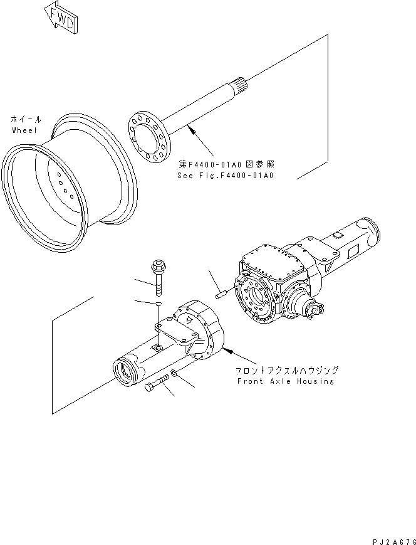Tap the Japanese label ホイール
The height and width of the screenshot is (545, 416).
pyautogui.click(x=26, y=119)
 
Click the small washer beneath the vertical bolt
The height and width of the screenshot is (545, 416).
pyautogui.click(x=160, y=304)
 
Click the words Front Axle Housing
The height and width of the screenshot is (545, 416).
pyautogui.click(x=284, y=381)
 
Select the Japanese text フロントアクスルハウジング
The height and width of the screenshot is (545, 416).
pyautogui.click(x=287, y=371)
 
